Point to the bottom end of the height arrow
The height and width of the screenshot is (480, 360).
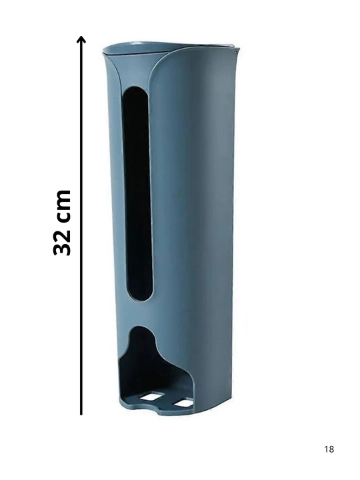pyautogui.click(x=81, y=415)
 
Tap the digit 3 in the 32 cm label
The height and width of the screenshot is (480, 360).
pyautogui.click(x=62, y=247)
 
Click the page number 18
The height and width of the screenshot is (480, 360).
pyautogui.click(x=329, y=449)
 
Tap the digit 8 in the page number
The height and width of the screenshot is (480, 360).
pyautogui.click(x=331, y=449)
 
